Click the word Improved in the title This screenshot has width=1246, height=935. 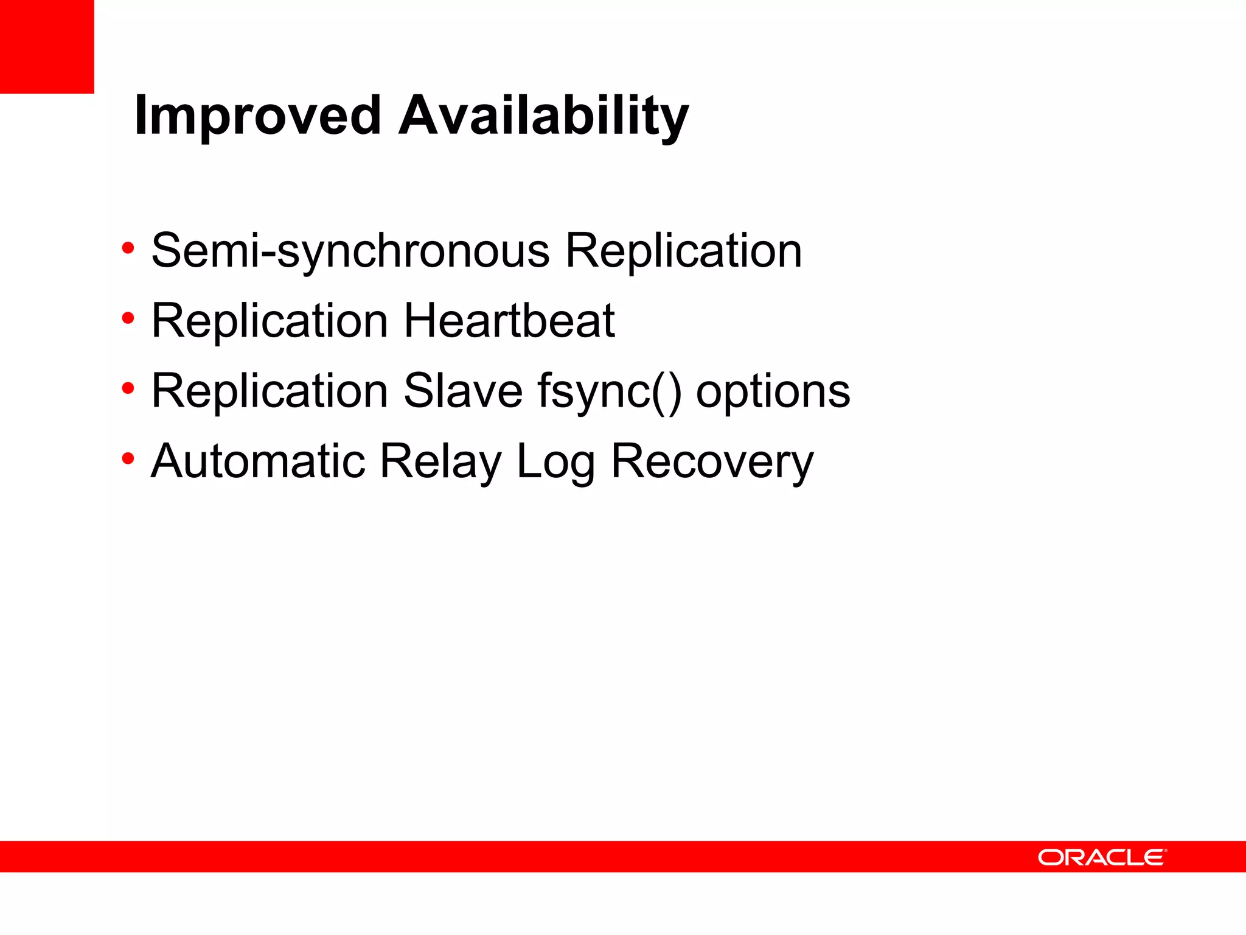257,116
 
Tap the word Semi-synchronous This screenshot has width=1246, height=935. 350,251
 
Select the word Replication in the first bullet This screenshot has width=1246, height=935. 684,251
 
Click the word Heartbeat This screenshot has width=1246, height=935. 509,321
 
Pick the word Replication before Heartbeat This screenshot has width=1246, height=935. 270,321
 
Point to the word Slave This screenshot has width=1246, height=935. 463,391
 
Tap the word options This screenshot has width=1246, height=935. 773,393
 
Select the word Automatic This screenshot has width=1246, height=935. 258,461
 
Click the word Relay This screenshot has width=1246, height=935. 440,462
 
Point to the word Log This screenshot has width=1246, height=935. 555,462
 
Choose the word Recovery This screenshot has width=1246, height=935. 712,462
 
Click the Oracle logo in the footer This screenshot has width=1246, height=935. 1102,857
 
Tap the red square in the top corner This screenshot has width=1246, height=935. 47,46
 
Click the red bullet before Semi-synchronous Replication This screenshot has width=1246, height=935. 128,248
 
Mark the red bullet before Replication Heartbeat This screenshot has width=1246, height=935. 128,318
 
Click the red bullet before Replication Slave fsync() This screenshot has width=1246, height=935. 128,388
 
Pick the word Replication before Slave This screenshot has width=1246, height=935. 270,391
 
